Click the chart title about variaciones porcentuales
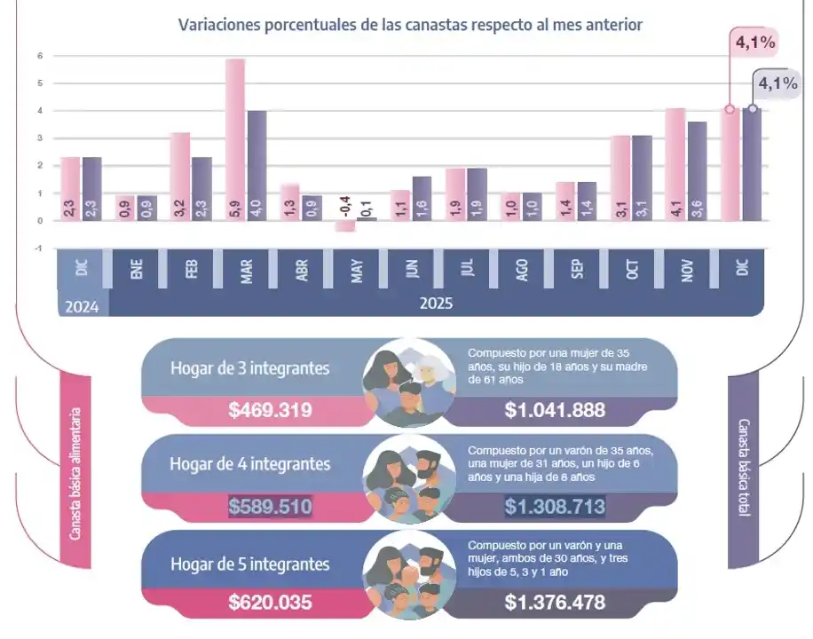pyautogui.click(x=410, y=25)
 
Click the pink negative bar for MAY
pyautogui.click(x=343, y=226)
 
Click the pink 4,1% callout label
pyautogui.click(x=753, y=42)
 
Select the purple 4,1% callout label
pyautogui.click(x=777, y=84)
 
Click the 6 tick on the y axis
pyautogui.click(x=39, y=56)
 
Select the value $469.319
pyautogui.click(x=270, y=410)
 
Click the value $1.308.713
pyautogui.click(x=555, y=507)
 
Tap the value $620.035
pyautogui.click(x=270, y=603)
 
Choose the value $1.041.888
pyautogui.click(x=555, y=410)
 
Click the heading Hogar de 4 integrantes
pyautogui.click(x=249, y=464)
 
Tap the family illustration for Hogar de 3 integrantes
pyautogui.click(x=409, y=380)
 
